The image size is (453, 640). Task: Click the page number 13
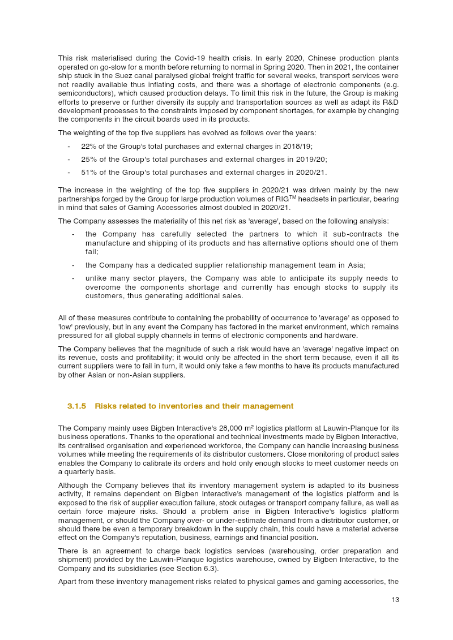pos(395,600)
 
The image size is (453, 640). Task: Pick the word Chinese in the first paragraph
pos(318,58)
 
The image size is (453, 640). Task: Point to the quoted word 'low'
pos(66,327)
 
